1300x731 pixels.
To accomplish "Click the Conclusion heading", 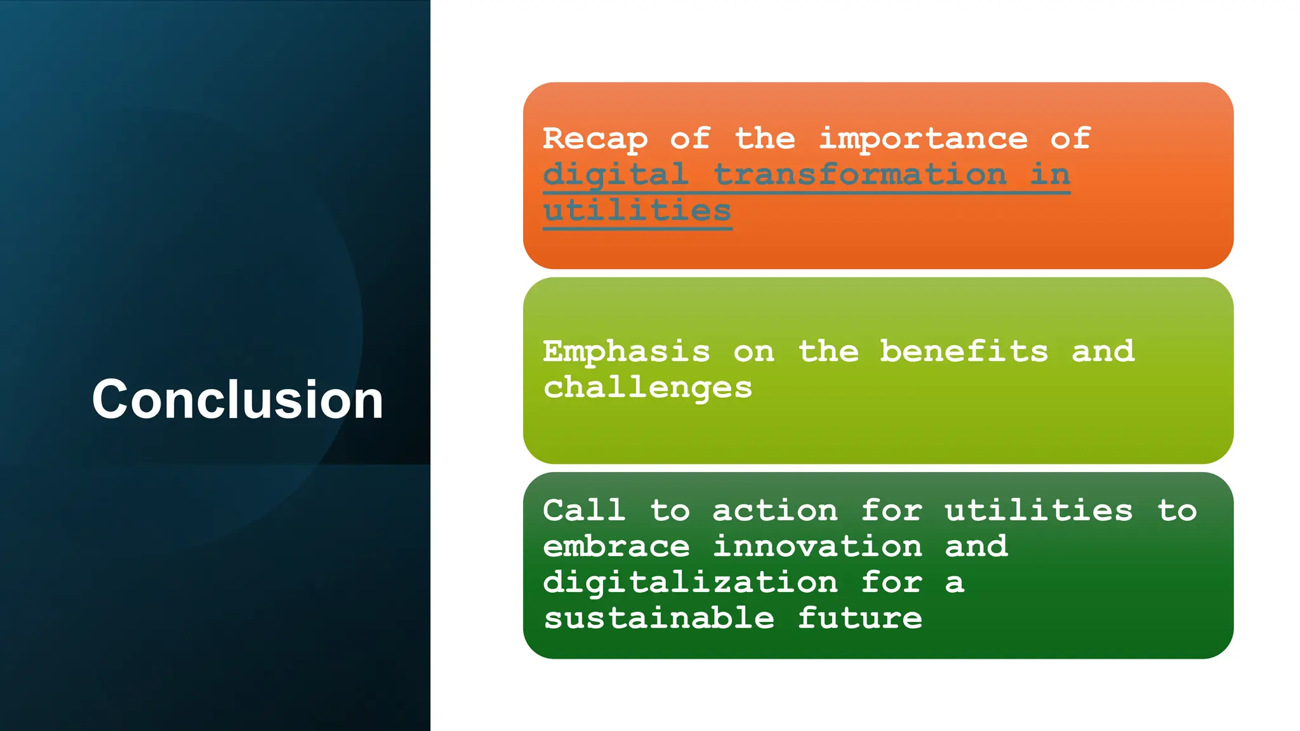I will point(237,399).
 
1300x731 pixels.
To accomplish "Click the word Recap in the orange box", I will point(595,139).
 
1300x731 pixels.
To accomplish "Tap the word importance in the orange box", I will point(923,139).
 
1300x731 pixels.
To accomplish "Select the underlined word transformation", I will point(859,175).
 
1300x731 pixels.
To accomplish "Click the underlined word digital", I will point(616,175).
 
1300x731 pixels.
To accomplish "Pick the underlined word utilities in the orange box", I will point(637,211).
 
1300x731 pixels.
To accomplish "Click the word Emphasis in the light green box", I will point(627,352).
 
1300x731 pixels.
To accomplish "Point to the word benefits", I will point(964,352).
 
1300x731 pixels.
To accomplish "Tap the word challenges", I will point(647,388).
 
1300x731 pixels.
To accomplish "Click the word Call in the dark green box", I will point(584,511).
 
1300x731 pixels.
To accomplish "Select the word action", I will point(774,511).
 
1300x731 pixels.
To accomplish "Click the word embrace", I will point(616,546).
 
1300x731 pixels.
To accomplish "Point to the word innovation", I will point(817,546).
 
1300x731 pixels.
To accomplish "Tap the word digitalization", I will point(690,583).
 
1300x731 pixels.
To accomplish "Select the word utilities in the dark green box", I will point(1038,511).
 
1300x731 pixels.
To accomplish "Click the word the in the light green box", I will point(828,352).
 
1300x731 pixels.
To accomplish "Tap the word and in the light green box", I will point(1103,352).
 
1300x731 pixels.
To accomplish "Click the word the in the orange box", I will point(764,139).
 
